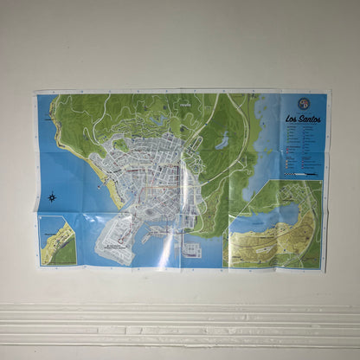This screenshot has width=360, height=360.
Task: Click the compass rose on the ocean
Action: tap(53, 196)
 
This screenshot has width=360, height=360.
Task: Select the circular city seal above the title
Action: tap(303, 104)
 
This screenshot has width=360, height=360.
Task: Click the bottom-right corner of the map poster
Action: tap(325, 270)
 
